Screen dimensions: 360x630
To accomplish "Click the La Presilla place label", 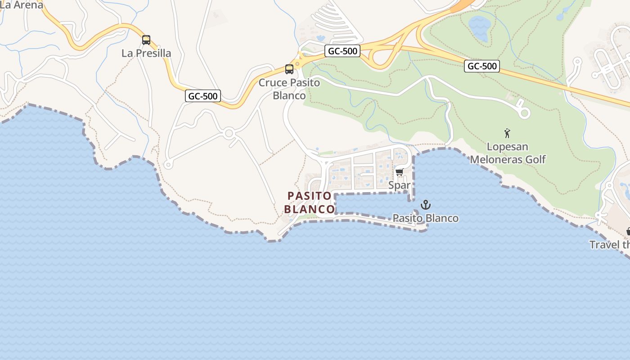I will coord(146,53).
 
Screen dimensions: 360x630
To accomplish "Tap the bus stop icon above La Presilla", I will coord(146,40).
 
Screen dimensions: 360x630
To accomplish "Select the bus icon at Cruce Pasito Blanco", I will coord(289,69).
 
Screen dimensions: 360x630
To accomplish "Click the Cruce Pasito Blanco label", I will coord(289,89).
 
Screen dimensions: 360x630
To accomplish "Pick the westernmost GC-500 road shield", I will coord(202,96).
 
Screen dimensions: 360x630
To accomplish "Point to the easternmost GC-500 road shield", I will coord(482,66).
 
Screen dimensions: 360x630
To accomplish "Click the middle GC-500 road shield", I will coord(342,51).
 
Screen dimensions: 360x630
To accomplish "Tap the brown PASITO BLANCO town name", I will coord(310,202).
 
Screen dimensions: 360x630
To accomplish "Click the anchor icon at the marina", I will coord(425,205).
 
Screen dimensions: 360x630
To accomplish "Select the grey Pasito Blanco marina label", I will coord(425,218).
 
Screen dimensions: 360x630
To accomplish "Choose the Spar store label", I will coord(399,185).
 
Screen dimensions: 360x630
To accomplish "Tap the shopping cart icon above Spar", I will coord(399,172).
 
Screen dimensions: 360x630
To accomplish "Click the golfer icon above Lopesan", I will coord(508,133).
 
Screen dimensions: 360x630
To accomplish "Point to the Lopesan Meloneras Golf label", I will coord(508,153).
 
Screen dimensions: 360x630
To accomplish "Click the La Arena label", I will coord(22,5).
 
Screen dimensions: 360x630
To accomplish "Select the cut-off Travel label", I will coord(610,245).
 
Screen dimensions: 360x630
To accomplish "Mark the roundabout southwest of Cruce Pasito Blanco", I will coord(229,133).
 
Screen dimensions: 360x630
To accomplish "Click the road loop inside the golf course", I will coord(524,113).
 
